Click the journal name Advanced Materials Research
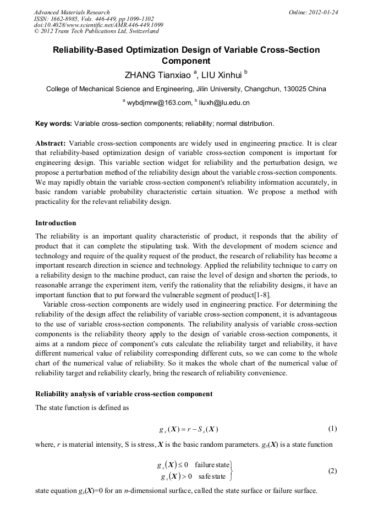[72, 12]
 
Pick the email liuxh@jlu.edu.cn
[223, 102]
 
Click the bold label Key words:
[53, 123]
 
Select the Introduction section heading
[56, 223]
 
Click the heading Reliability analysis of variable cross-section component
[124, 394]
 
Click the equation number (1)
[332, 429]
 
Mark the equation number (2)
[332, 471]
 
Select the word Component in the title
[186, 61]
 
